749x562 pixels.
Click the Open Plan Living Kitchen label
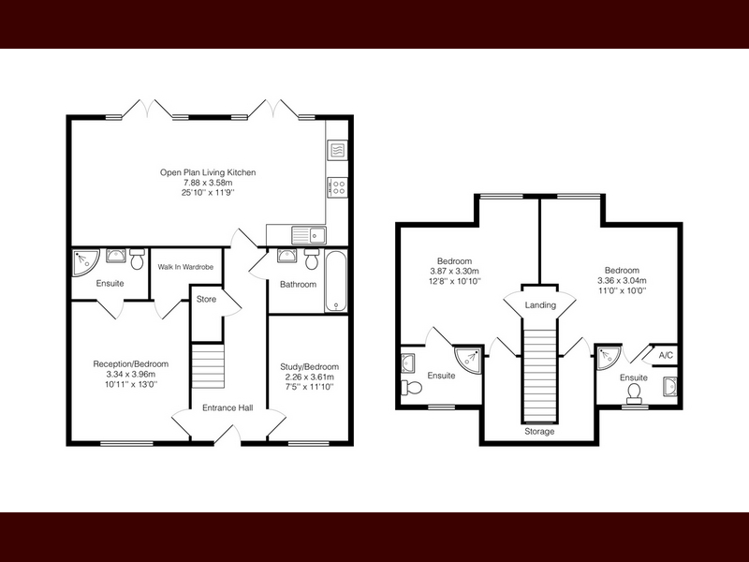click(x=208, y=172)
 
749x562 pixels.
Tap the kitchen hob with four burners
click(x=338, y=186)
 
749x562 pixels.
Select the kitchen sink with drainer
click(x=309, y=235)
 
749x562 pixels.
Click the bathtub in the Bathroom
click(x=336, y=281)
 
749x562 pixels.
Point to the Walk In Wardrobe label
click(x=185, y=267)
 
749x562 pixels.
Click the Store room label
click(x=206, y=299)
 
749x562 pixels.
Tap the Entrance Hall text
click(x=228, y=407)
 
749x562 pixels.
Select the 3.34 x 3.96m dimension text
click(x=130, y=374)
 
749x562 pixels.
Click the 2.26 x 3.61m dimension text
click(x=310, y=377)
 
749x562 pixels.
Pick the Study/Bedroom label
click(x=310, y=366)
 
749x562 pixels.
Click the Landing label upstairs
click(x=540, y=305)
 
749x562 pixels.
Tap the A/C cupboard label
click(x=666, y=355)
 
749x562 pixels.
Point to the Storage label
click(x=539, y=432)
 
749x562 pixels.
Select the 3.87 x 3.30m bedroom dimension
click(x=455, y=272)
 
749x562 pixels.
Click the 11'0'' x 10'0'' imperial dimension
click(x=622, y=290)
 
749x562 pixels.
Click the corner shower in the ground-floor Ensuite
click(x=84, y=261)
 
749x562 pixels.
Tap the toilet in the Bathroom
click(x=313, y=259)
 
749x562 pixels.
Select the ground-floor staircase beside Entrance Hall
click(x=208, y=366)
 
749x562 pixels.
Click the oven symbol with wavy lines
click(x=338, y=150)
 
